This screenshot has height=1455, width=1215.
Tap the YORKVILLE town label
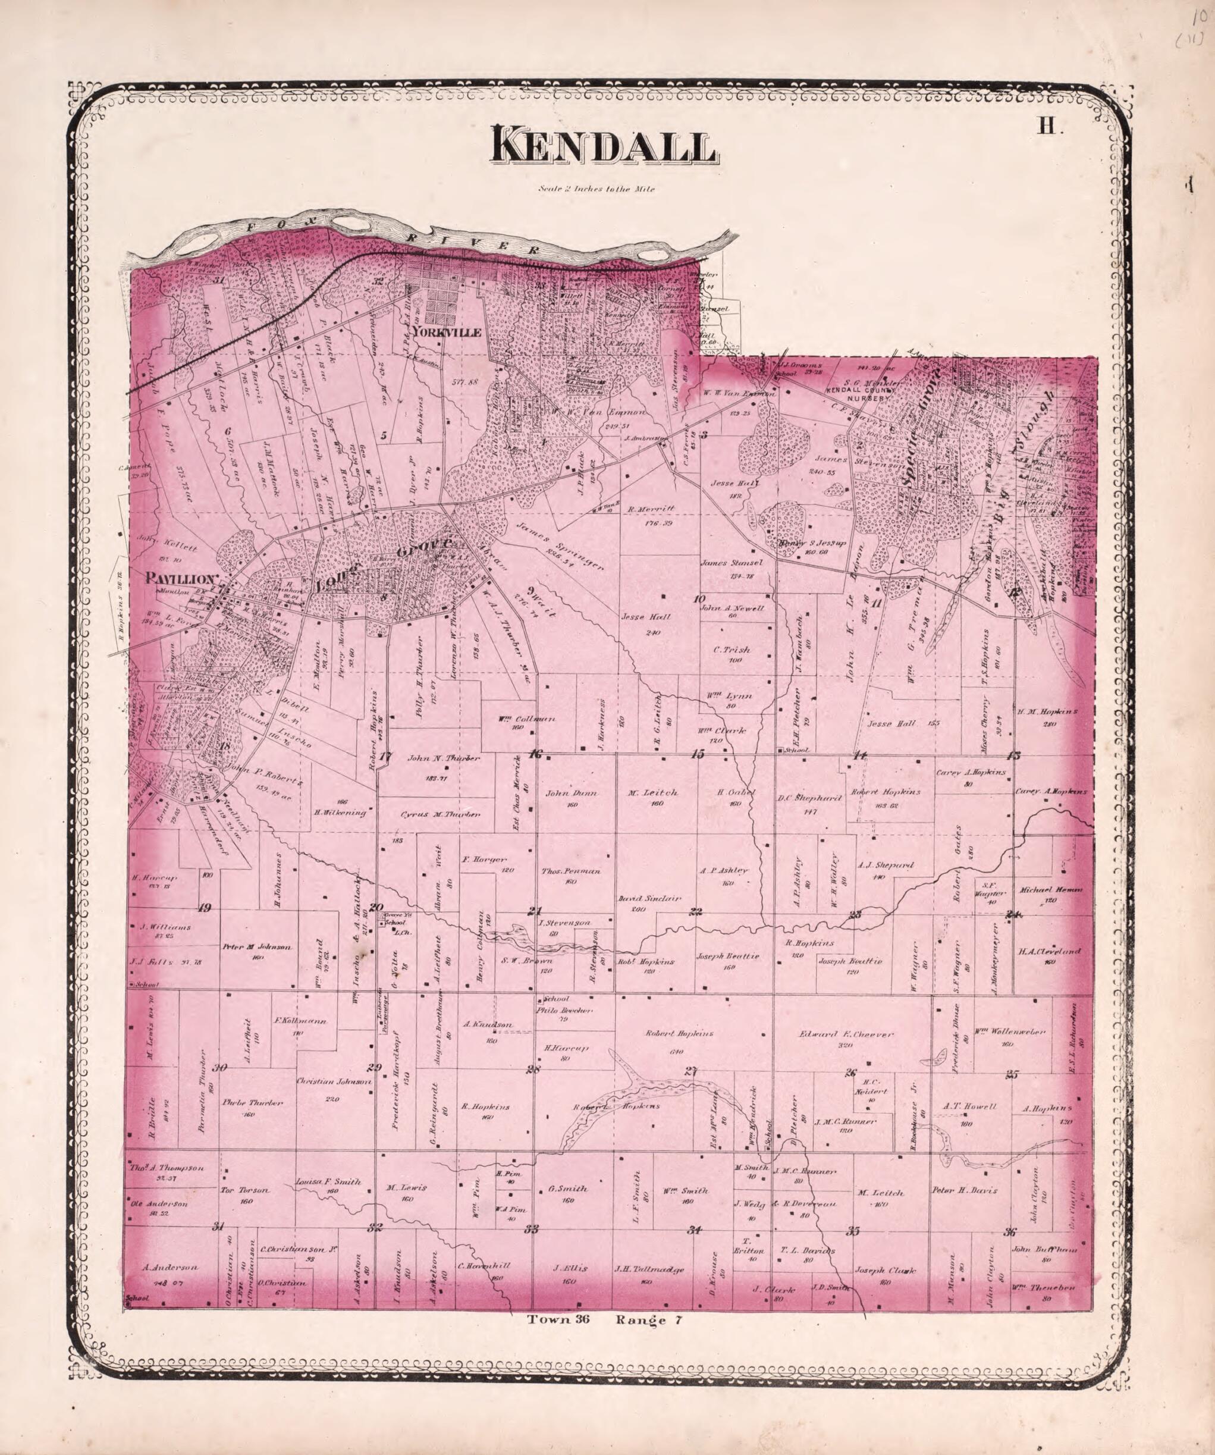click(445, 333)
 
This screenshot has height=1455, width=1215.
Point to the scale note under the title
click(595, 189)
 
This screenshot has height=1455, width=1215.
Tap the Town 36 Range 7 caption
click(605, 1320)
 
